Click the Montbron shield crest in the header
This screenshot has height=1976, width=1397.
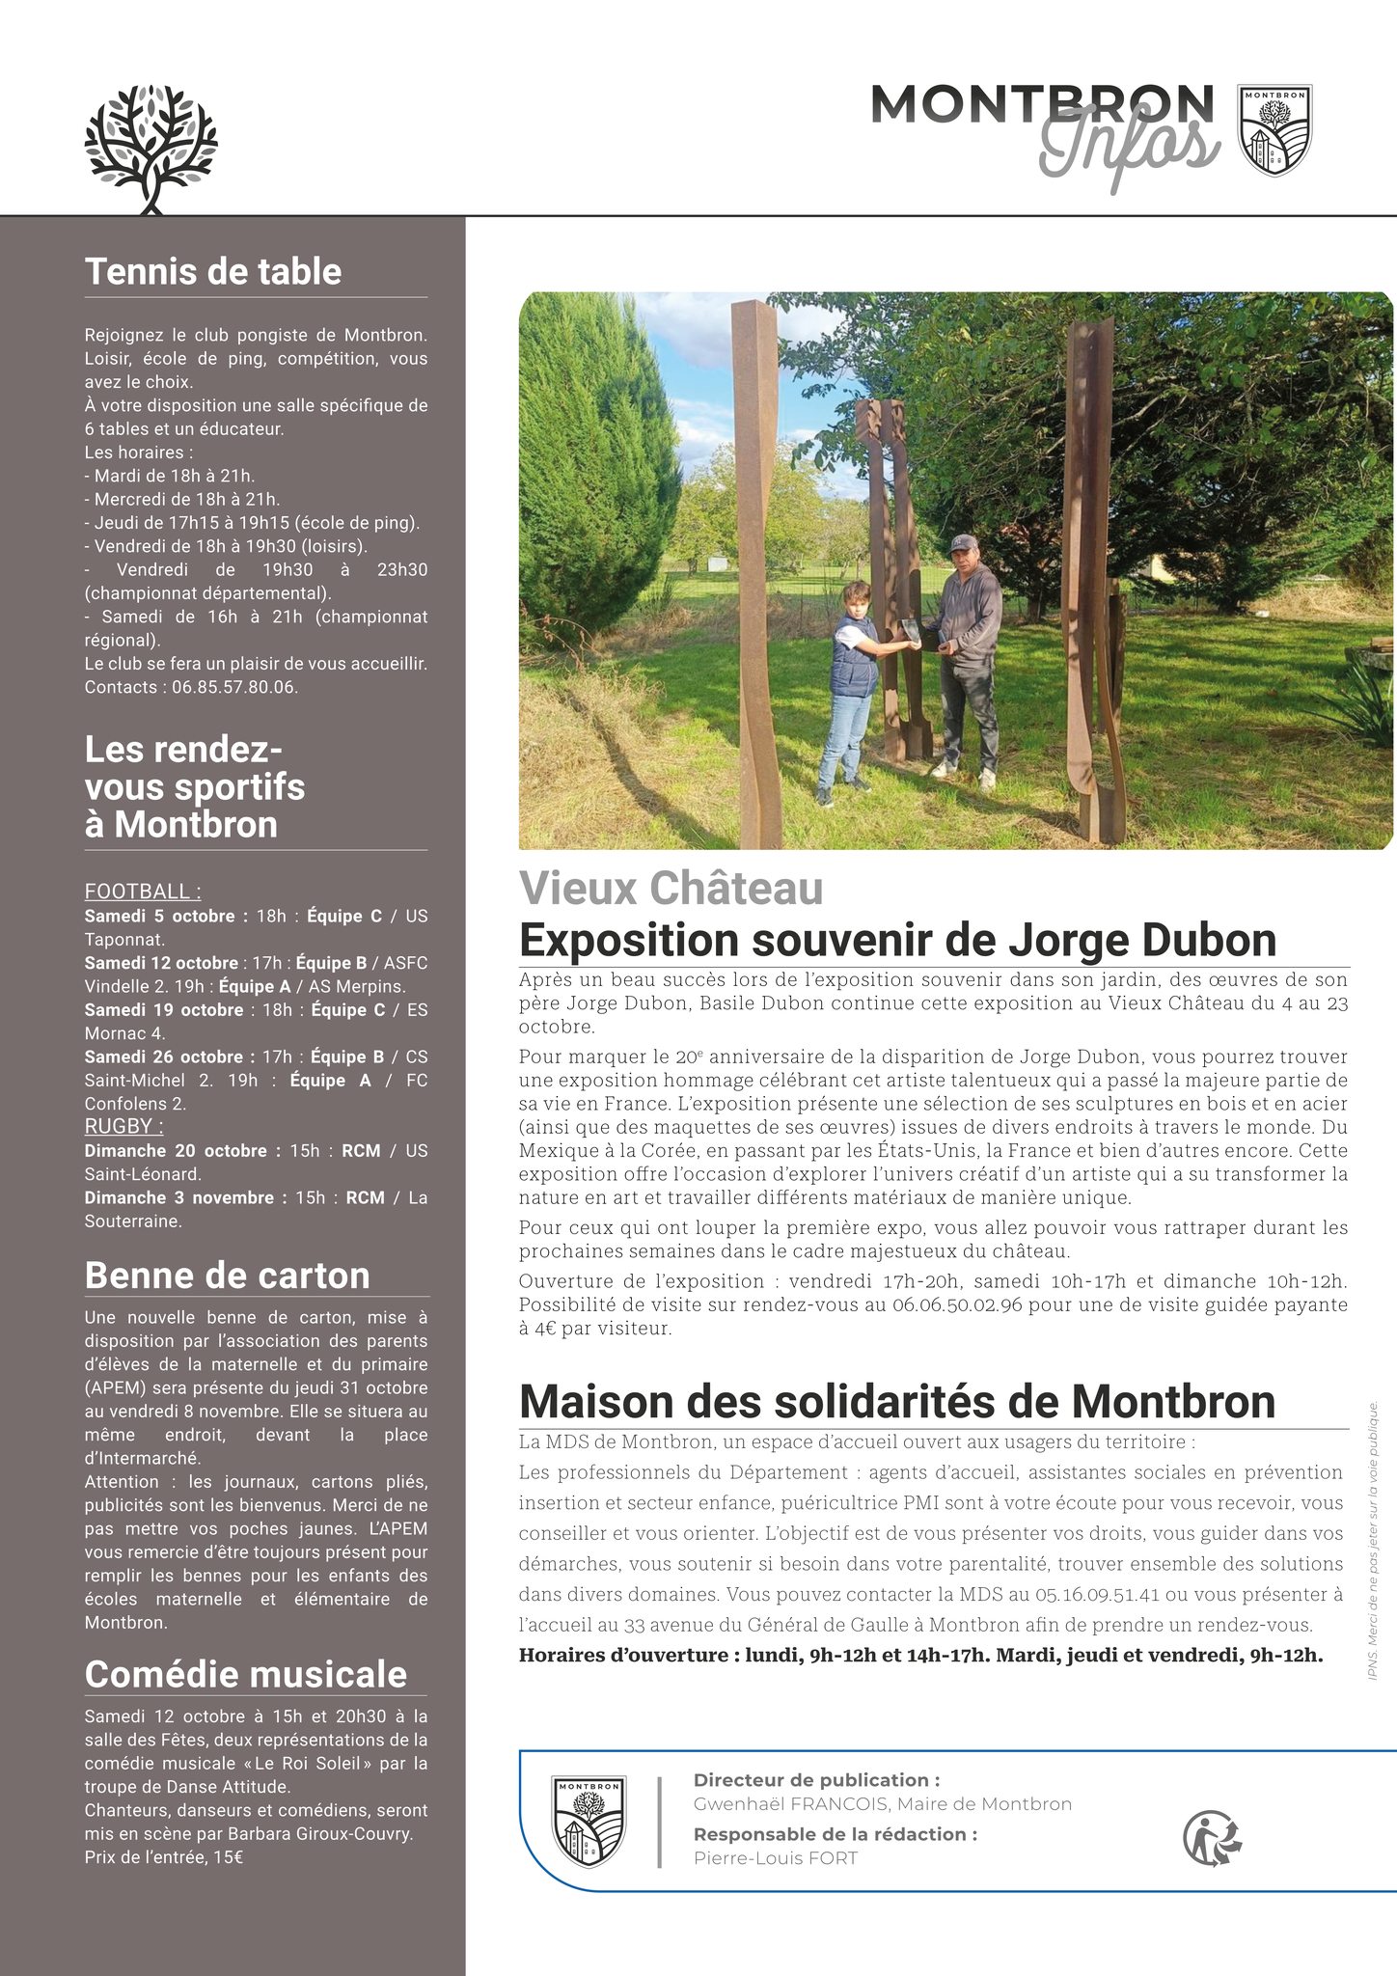(1274, 129)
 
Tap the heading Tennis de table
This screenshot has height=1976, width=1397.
(213, 271)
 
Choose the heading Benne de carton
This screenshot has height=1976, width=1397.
(227, 1276)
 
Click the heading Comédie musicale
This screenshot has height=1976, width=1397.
(245, 1674)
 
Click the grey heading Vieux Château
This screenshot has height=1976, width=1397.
(671, 889)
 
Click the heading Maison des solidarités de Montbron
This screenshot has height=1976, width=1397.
(896, 1401)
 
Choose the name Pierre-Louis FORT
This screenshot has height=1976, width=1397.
(775, 1858)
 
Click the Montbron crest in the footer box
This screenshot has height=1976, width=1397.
(589, 1821)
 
